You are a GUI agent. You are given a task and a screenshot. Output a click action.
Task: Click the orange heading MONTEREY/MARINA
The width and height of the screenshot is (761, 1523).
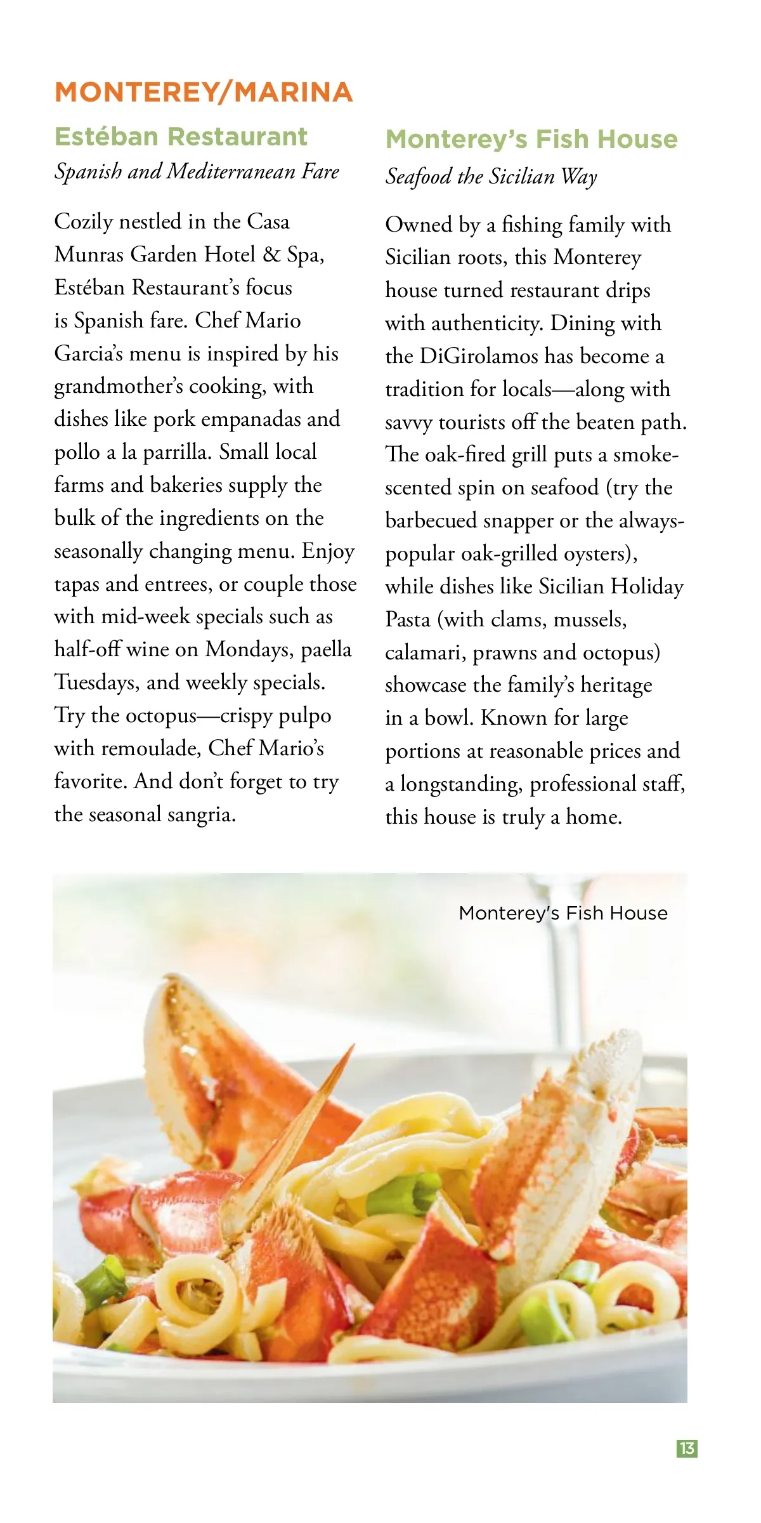click(204, 92)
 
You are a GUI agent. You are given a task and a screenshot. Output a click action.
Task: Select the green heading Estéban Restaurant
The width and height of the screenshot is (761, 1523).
click(181, 137)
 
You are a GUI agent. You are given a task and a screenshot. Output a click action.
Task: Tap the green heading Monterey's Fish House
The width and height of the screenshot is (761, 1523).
click(531, 140)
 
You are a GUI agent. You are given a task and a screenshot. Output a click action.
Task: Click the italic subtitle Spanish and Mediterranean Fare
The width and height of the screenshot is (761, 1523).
click(197, 171)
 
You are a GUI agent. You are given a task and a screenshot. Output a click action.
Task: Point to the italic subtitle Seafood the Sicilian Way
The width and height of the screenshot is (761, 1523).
click(491, 176)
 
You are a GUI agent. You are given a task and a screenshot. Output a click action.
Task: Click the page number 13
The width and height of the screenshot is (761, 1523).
click(687, 1449)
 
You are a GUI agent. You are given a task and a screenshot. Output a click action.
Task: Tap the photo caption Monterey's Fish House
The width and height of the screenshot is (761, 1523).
click(563, 913)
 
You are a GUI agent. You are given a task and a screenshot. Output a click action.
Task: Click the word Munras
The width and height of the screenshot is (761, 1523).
click(89, 254)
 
